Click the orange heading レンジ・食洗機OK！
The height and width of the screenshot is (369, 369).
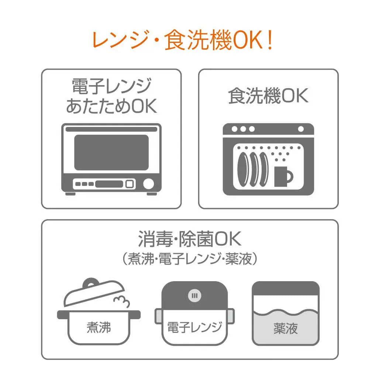coord(183,40)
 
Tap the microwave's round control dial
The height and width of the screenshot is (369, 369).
coord(148,184)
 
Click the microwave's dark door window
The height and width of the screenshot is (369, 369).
coord(111,152)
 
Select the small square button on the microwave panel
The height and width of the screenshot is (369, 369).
coord(130,184)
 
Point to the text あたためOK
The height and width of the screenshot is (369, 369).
coord(111,106)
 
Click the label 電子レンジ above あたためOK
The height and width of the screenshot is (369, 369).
coord(111,86)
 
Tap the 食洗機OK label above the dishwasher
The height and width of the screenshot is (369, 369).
coord(268,96)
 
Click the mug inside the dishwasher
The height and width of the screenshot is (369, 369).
coord(283,176)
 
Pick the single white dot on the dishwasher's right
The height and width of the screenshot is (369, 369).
coord(301,129)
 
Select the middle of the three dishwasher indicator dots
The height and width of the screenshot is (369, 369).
coord(243,129)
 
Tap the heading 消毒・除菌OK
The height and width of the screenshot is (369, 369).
coord(190,239)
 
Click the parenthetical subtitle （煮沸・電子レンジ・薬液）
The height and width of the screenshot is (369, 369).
coord(190,259)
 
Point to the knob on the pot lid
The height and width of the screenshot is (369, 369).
coord(91,283)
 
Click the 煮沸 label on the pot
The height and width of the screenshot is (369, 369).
coord(99,327)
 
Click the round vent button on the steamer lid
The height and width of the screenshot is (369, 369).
coord(194,296)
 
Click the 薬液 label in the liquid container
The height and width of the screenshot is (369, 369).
coord(286,328)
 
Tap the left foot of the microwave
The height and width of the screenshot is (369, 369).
coord(70,194)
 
